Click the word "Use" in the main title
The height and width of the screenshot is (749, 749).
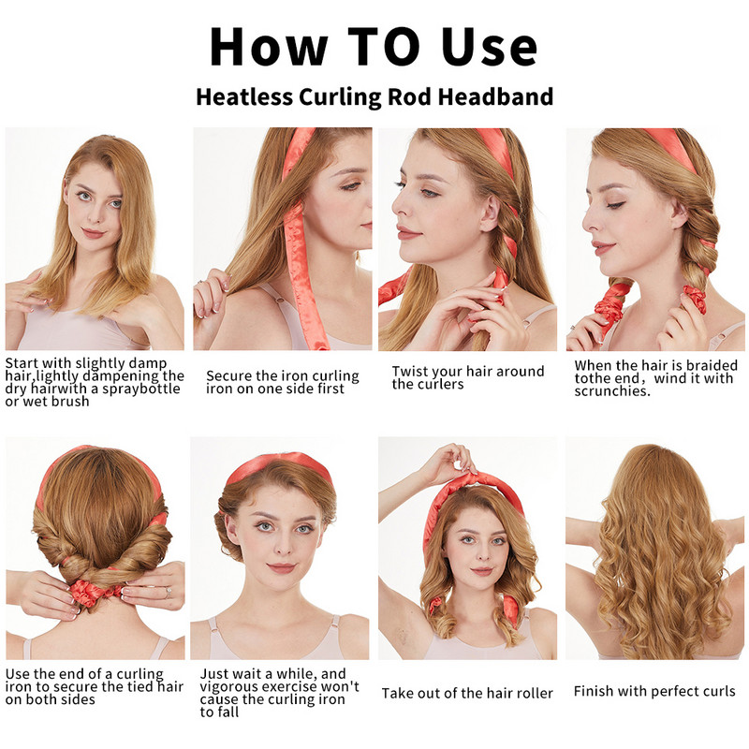pos(489,46)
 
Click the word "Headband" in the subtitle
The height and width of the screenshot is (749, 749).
pos(496,96)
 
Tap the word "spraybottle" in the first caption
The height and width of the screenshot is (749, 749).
pos(141,389)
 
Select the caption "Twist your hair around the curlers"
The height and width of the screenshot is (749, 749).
pos(468,377)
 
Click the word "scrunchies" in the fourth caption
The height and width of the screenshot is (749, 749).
pos(612,391)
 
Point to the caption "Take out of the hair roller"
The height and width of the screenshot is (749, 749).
pos(467,693)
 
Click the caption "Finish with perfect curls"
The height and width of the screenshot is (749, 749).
pos(654,691)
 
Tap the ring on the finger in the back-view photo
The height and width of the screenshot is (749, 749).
pos(169,592)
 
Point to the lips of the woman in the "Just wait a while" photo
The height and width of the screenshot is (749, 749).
pos(281,568)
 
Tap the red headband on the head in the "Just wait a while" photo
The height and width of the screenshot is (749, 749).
pos(278,464)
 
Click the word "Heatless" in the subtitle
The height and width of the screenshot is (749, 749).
pos(244,96)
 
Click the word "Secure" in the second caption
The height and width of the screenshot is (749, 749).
pos(228,376)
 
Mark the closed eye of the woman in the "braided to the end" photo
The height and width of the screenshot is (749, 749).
pos(615,205)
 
